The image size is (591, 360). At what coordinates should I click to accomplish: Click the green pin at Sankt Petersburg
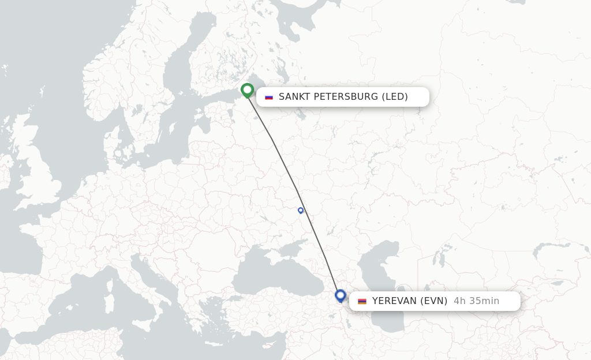pos(247,91)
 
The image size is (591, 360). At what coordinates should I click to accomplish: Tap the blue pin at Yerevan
pos(341,296)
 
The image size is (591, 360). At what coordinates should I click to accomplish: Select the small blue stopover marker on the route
pos(301,211)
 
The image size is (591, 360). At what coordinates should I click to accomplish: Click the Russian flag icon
pos(269,97)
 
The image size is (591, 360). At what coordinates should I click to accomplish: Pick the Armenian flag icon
pos(362,301)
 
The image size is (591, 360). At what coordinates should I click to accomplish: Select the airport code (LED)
pos(395,97)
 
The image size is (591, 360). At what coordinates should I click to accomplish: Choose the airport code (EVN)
pos(433,301)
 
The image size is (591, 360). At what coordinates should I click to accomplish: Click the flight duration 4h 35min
pos(476,301)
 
